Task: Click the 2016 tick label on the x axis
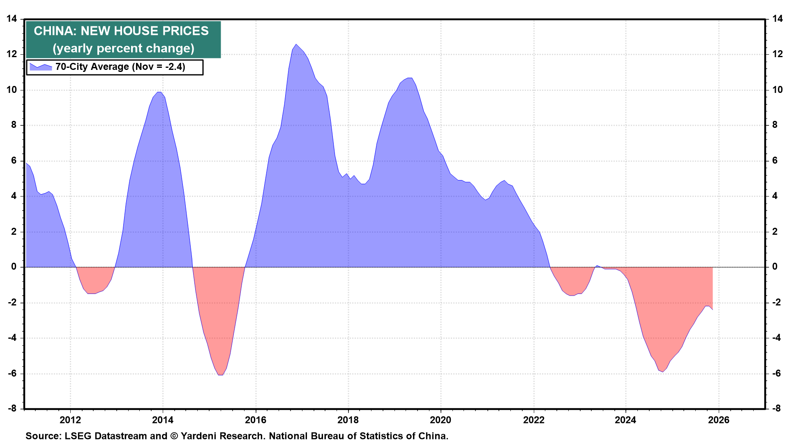(255, 420)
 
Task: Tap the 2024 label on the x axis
(625, 420)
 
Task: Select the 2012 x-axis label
(70, 420)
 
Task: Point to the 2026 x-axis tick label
(719, 420)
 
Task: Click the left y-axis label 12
(12, 54)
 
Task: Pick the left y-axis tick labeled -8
(12, 409)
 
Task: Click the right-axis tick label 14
(777, 19)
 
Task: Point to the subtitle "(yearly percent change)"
(123, 49)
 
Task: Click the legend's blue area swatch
(41, 67)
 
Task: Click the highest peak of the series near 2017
(296, 44)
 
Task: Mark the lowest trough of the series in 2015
(220, 375)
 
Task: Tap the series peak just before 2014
(159, 92)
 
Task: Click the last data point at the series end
(712, 310)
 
